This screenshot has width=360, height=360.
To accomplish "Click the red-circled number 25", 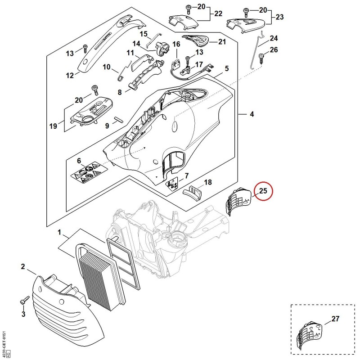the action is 263,190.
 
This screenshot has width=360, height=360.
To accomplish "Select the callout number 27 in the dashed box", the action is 335,319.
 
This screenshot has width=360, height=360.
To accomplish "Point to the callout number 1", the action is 59,232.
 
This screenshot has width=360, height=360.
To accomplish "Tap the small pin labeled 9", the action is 118,120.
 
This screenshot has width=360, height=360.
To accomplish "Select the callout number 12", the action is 70,75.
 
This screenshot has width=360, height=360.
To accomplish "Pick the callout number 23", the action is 279,17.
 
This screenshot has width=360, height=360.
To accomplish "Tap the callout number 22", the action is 218,14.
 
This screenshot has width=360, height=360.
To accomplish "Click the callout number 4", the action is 252,114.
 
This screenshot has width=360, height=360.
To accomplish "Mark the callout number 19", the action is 53,126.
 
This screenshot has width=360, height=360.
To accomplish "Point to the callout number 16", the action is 176,44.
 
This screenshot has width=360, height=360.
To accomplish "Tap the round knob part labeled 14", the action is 162,48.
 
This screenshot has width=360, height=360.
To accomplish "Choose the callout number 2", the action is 23,266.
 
